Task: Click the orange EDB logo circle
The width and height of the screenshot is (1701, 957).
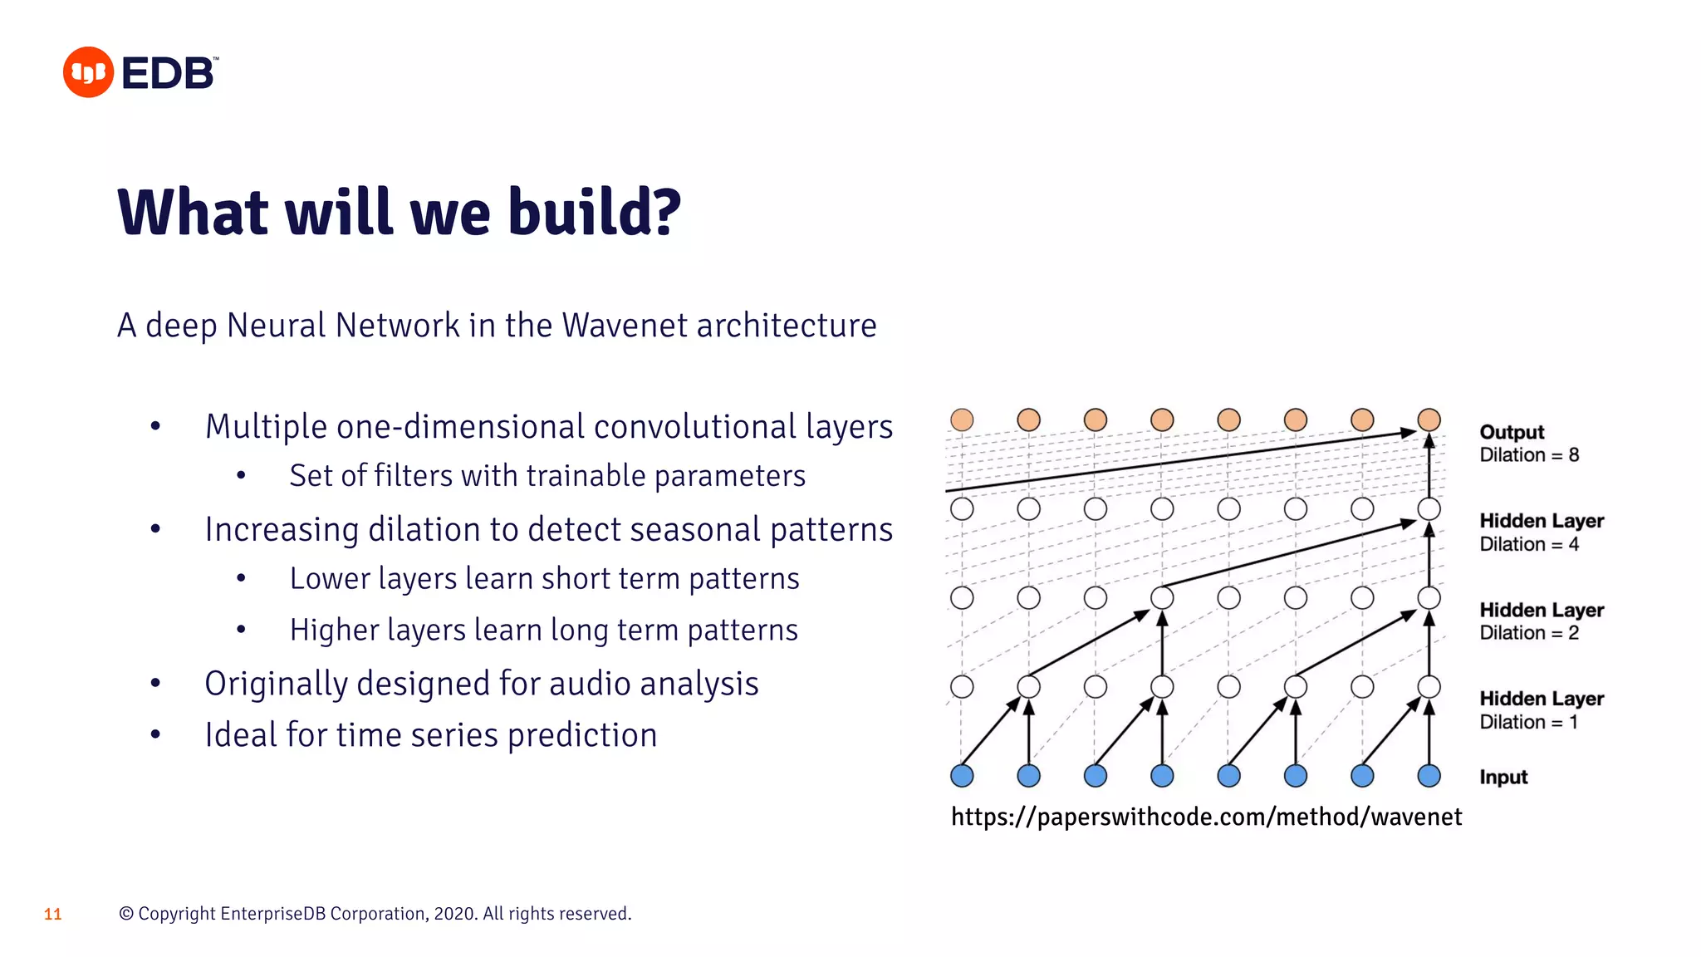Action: [88, 72]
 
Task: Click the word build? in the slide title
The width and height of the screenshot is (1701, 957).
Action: [594, 213]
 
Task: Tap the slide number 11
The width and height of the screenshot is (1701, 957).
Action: [53, 914]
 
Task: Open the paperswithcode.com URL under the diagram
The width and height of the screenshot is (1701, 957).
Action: [1206, 817]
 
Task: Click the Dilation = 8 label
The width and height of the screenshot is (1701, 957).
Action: [1529, 455]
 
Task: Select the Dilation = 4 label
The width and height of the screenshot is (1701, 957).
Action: [1529, 544]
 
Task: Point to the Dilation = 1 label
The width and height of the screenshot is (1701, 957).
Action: [1528, 722]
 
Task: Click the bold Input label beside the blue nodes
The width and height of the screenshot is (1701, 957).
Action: [1503, 777]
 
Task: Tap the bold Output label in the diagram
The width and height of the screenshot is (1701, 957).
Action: [1512, 432]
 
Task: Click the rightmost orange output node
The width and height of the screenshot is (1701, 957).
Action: [1429, 420]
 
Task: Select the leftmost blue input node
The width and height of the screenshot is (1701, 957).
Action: [962, 776]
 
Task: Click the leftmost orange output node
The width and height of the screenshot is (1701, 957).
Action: [962, 420]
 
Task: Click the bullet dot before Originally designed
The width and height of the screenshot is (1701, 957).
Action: [155, 684]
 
